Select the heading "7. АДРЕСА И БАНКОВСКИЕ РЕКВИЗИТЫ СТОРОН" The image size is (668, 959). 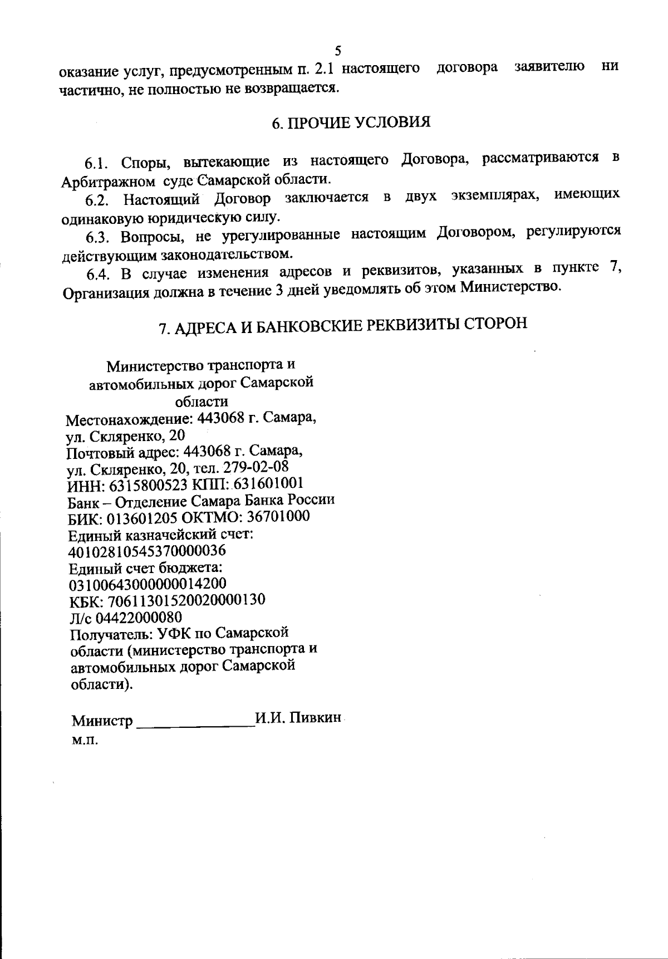click(342, 326)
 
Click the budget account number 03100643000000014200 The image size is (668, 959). click(147, 584)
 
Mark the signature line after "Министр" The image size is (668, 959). click(194, 723)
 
